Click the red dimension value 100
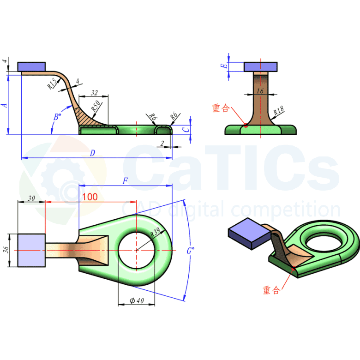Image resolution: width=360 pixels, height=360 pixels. click(x=90, y=197)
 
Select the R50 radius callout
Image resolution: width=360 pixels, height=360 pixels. click(x=96, y=106)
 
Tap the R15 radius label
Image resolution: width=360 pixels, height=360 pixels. click(x=52, y=84)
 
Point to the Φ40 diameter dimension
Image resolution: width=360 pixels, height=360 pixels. click(x=137, y=300)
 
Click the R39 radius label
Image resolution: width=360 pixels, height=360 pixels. click(x=155, y=233)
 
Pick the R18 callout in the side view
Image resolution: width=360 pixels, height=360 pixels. click(x=278, y=111)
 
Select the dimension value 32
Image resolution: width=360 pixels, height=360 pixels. click(x=94, y=93)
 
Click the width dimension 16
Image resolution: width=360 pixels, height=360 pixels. click(x=260, y=91)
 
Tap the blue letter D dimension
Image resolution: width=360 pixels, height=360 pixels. click(x=92, y=153)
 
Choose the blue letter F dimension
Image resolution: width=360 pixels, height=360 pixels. click(x=125, y=181)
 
